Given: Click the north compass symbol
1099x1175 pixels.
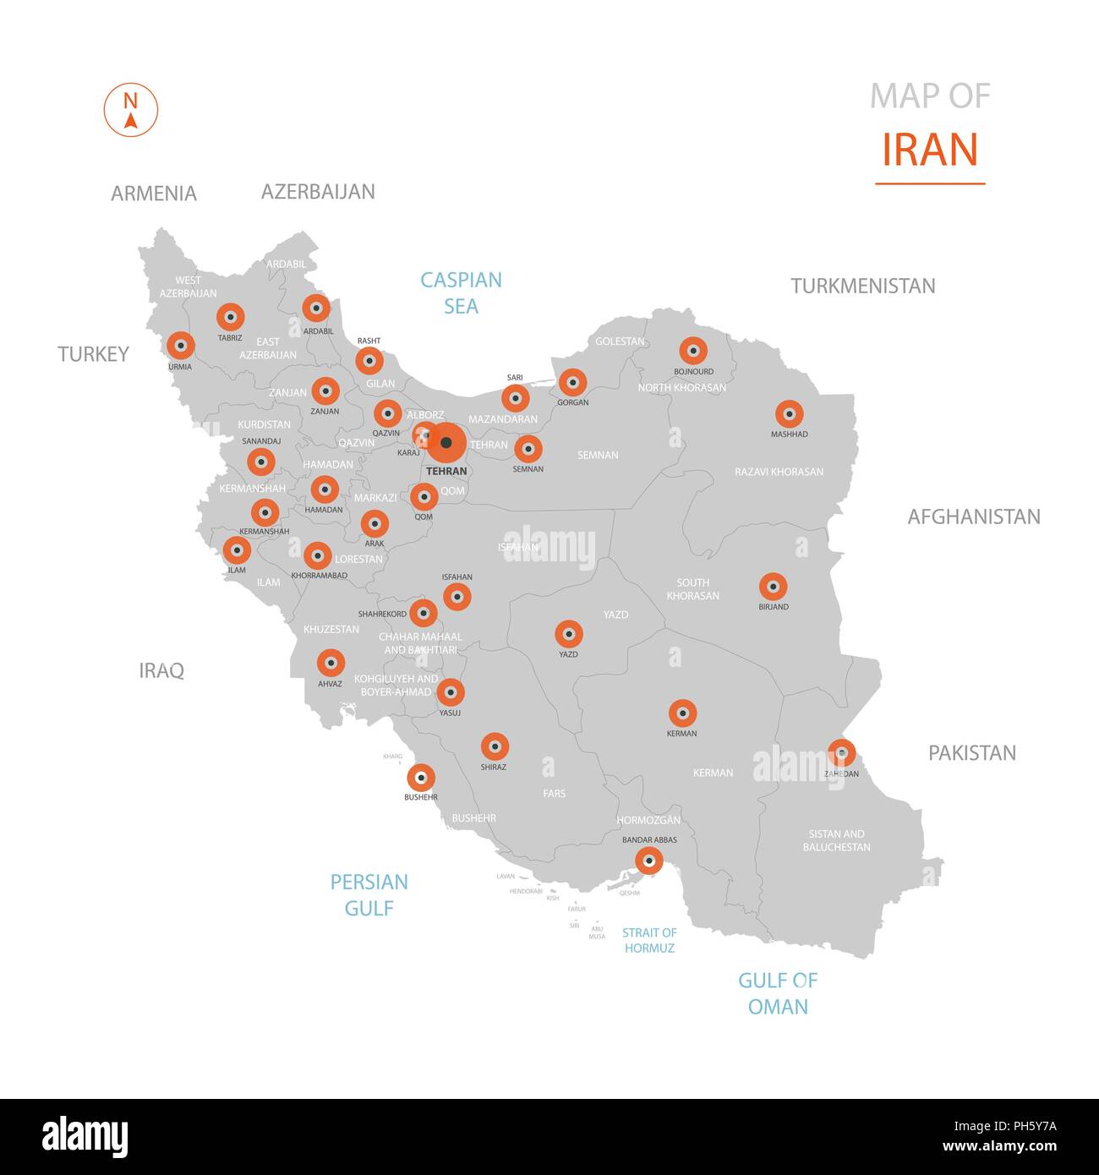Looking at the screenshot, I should coord(131,110).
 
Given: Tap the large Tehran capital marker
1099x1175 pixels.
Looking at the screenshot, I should coord(446,442).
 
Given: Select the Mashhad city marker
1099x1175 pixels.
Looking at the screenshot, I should coord(789,414).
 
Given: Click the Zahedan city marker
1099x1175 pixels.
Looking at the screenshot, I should coord(841,751).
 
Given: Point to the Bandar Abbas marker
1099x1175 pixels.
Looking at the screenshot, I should coord(648,861).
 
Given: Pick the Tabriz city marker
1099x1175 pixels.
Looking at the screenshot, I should coord(230,317).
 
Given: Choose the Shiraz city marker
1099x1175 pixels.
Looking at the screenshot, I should coord(495,746).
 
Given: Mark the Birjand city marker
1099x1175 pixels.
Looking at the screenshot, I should coord(773,587).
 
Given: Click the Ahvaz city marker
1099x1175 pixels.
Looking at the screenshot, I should coord(331,663).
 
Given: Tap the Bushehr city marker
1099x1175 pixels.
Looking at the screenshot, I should coord(421,777).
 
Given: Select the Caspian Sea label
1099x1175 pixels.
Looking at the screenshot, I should coord(462,292).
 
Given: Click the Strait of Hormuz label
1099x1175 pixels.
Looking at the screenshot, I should coord(649,940).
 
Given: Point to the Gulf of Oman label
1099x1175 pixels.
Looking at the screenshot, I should coord(778,993).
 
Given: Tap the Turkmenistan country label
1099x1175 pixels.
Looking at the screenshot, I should coord(863,286).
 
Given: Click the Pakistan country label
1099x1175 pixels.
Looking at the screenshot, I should coord(972,752).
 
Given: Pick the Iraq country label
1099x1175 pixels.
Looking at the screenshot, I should coord(161,670).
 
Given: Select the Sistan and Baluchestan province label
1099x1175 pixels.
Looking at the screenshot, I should coord(836,840).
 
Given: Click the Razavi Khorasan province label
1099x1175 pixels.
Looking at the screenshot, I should coord(779,472).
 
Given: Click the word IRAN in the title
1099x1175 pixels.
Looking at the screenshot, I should coord(930,150).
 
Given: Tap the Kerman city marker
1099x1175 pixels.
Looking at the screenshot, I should coord(682,713).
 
